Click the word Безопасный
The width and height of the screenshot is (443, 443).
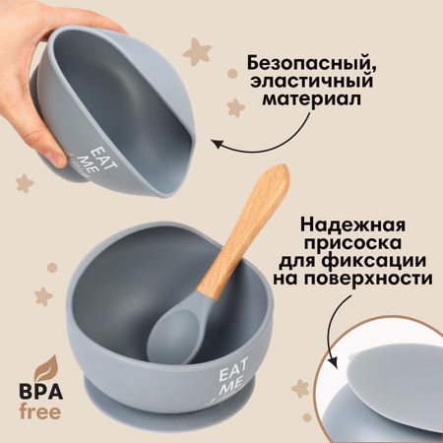pos(311,64)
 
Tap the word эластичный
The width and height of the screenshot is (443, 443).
pos(311,81)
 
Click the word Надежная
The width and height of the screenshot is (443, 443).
pos(352,225)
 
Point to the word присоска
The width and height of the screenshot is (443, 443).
pos(353,243)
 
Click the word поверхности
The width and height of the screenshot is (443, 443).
pos(368,279)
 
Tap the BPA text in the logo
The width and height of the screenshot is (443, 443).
pos(41,393)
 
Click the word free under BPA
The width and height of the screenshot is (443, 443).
pos(40,411)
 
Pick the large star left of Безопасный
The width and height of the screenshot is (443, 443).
pos(197,51)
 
